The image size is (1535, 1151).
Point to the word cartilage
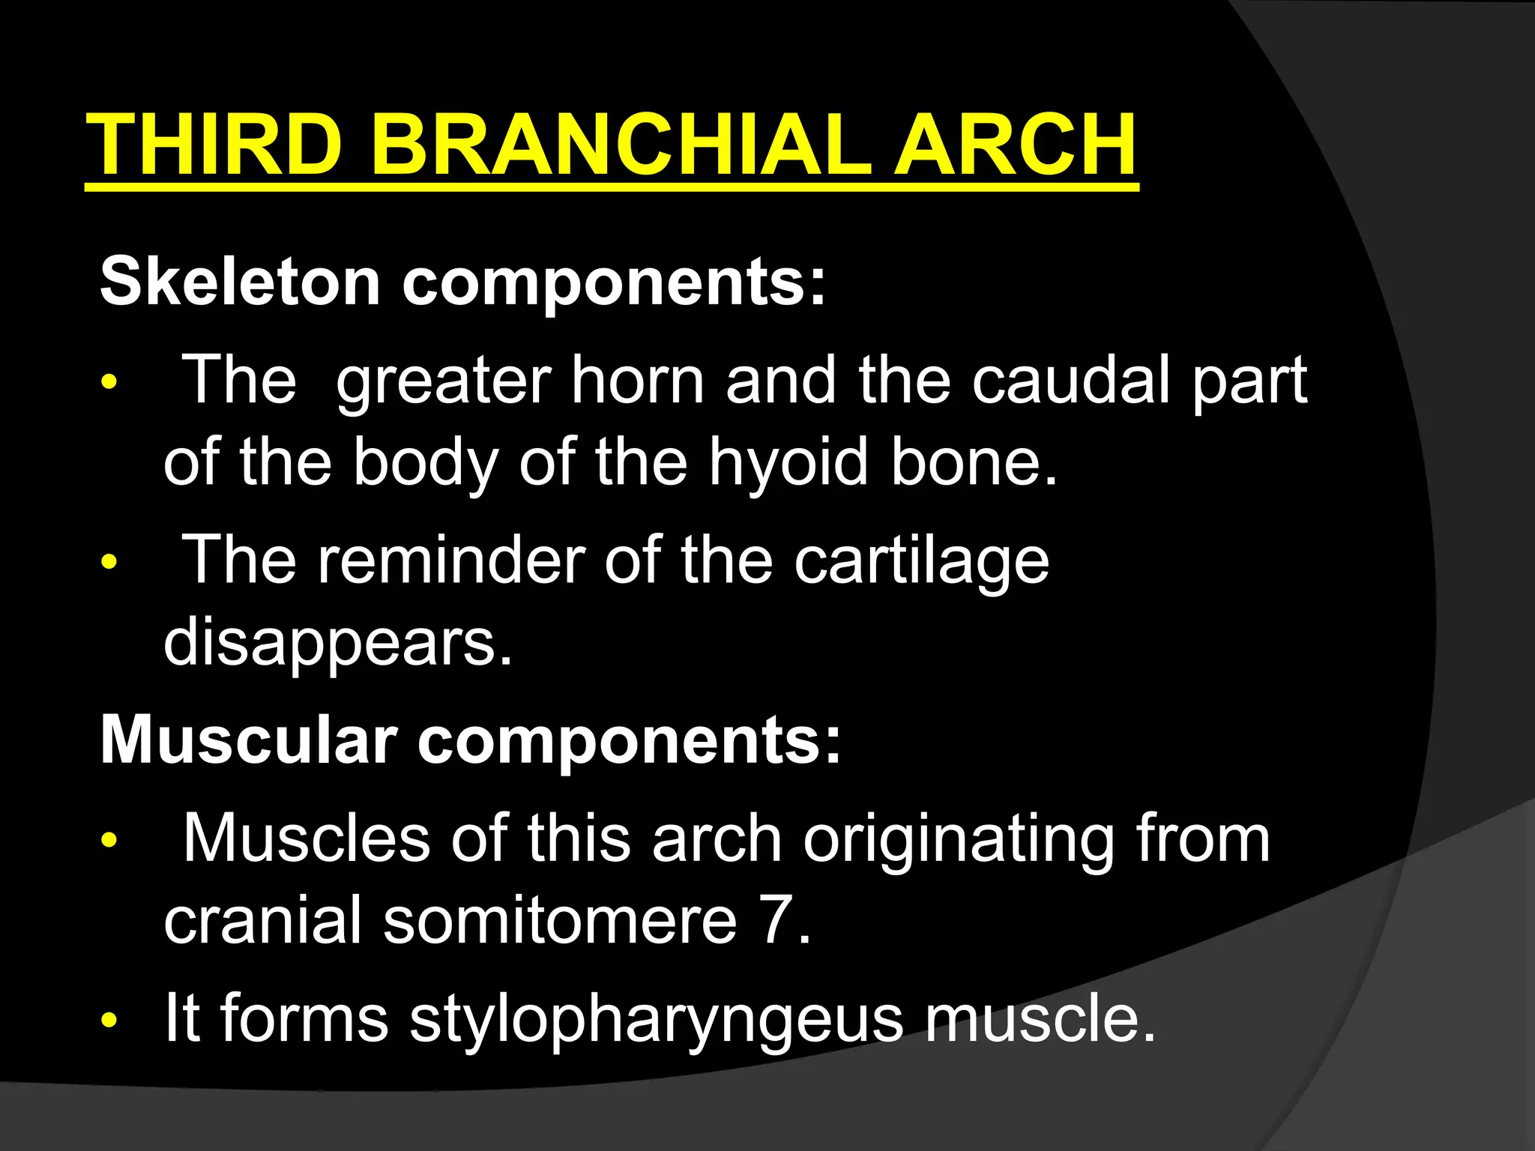(921, 562)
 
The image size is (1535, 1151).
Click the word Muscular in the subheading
(248, 740)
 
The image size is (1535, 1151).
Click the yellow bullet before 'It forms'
(109, 1021)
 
